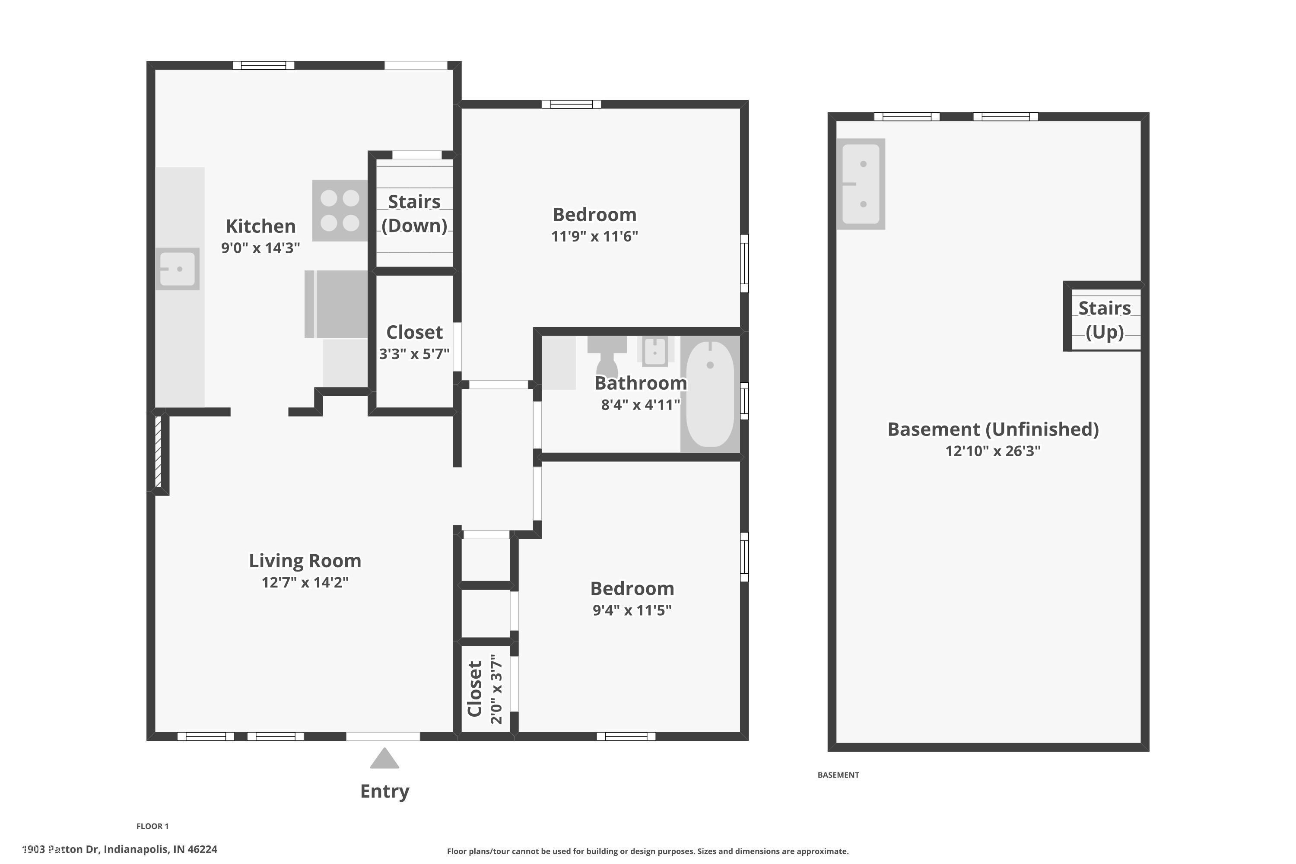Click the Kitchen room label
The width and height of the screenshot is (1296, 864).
tap(260, 226)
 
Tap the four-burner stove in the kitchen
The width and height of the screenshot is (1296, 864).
tap(340, 210)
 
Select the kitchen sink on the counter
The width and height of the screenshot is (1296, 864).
tap(178, 269)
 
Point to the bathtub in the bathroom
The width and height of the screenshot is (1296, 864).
tap(710, 394)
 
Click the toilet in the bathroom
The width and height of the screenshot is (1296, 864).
tap(607, 356)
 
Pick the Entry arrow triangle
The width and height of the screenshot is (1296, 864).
tap(384, 758)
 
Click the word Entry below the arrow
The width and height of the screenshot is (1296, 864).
tap(384, 791)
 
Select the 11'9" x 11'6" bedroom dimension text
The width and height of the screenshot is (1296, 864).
tap(594, 236)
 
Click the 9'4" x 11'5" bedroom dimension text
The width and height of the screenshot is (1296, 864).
tap(632, 610)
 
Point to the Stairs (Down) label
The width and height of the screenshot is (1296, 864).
tap(414, 214)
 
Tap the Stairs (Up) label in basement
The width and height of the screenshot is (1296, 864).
tap(1104, 320)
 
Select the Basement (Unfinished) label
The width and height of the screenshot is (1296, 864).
tap(993, 429)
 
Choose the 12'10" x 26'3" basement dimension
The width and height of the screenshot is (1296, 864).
tap(993, 451)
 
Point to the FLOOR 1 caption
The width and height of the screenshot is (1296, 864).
tap(152, 826)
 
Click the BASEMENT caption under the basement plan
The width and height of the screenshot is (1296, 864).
tap(838, 775)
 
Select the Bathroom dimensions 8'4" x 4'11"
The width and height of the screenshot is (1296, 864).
tap(640, 405)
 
